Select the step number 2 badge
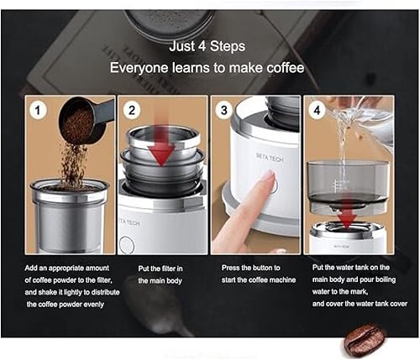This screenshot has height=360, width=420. [x=131, y=108]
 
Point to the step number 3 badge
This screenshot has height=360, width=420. [x=223, y=108]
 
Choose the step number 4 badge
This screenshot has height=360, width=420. [x=316, y=108]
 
